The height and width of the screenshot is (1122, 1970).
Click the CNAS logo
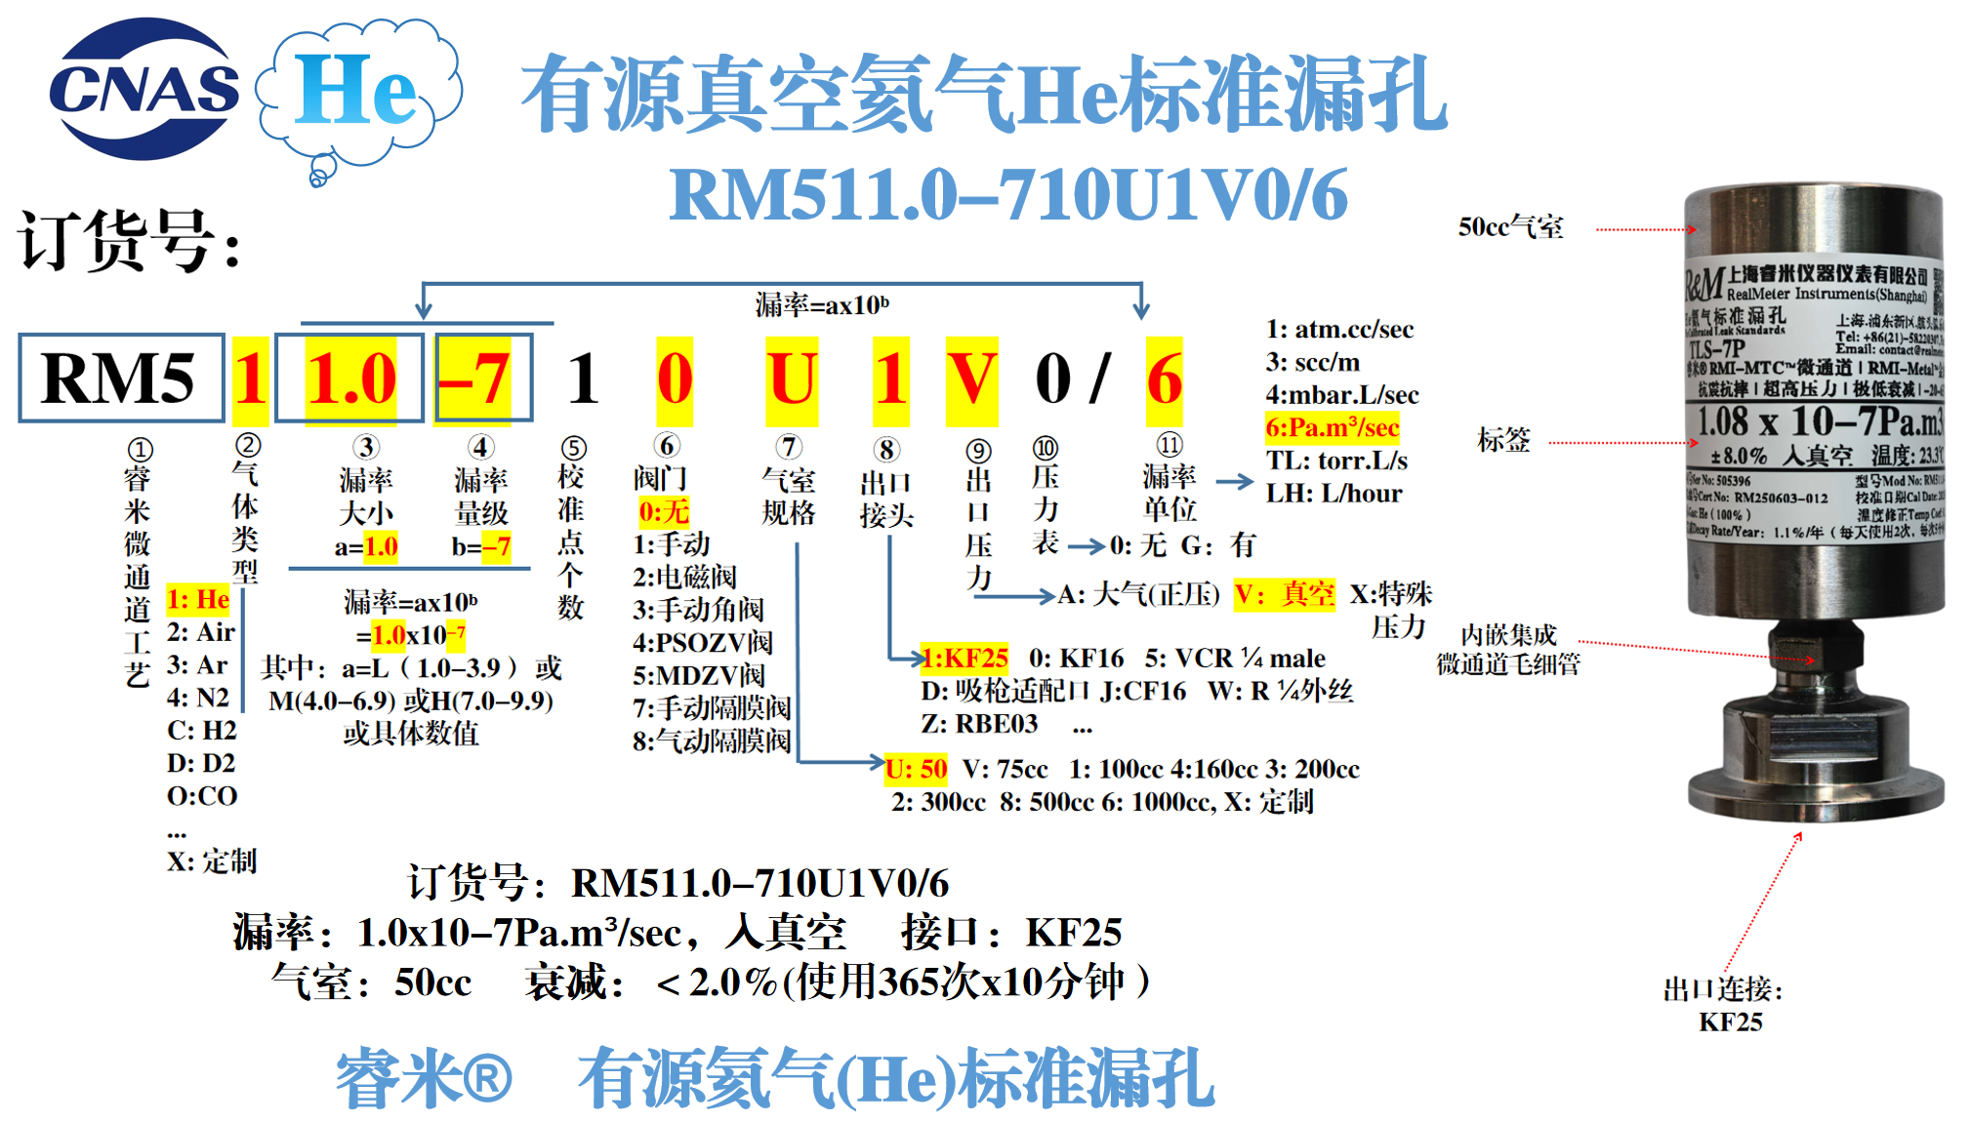(x=144, y=90)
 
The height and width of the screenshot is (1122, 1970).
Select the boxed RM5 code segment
(x=120, y=379)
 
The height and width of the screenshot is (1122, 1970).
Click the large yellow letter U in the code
(x=791, y=380)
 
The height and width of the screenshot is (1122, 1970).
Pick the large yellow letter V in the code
(x=971, y=380)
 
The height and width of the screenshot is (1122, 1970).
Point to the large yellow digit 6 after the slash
(x=1164, y=380)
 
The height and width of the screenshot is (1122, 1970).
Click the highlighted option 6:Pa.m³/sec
(x=1332, y=427)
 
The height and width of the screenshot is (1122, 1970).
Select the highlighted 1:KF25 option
(x=964, y=658)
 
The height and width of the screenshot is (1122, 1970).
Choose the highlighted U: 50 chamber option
(x=916, y=769)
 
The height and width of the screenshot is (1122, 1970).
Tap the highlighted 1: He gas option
(x=198, y=599)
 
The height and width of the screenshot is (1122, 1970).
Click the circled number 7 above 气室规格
(x=789, y=448)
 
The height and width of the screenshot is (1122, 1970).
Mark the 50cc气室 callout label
(x=1510, y=227)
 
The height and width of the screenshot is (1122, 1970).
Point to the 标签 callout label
(x=1503, y=440)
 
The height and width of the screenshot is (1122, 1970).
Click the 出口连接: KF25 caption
(x=1723, y=1006)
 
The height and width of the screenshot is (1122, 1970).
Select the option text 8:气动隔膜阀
(x=711, y=741)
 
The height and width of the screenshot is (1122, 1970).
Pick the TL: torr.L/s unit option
(x=1336, y=461)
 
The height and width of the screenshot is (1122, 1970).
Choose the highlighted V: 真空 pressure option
(x=1284, y=594)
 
